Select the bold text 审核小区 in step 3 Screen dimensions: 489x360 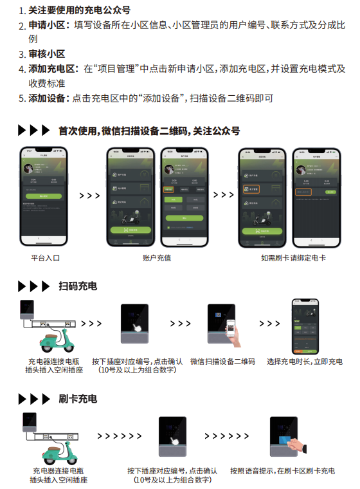(46, 54)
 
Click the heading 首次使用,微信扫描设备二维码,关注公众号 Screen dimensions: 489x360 (148, 131)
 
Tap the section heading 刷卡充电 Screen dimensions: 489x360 (77, 399)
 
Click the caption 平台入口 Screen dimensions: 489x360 (45, 257)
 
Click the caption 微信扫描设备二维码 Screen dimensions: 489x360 (222, 362)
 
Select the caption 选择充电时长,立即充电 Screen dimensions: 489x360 (305, 362)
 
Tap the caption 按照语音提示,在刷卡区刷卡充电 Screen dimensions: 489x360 (282, 471)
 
